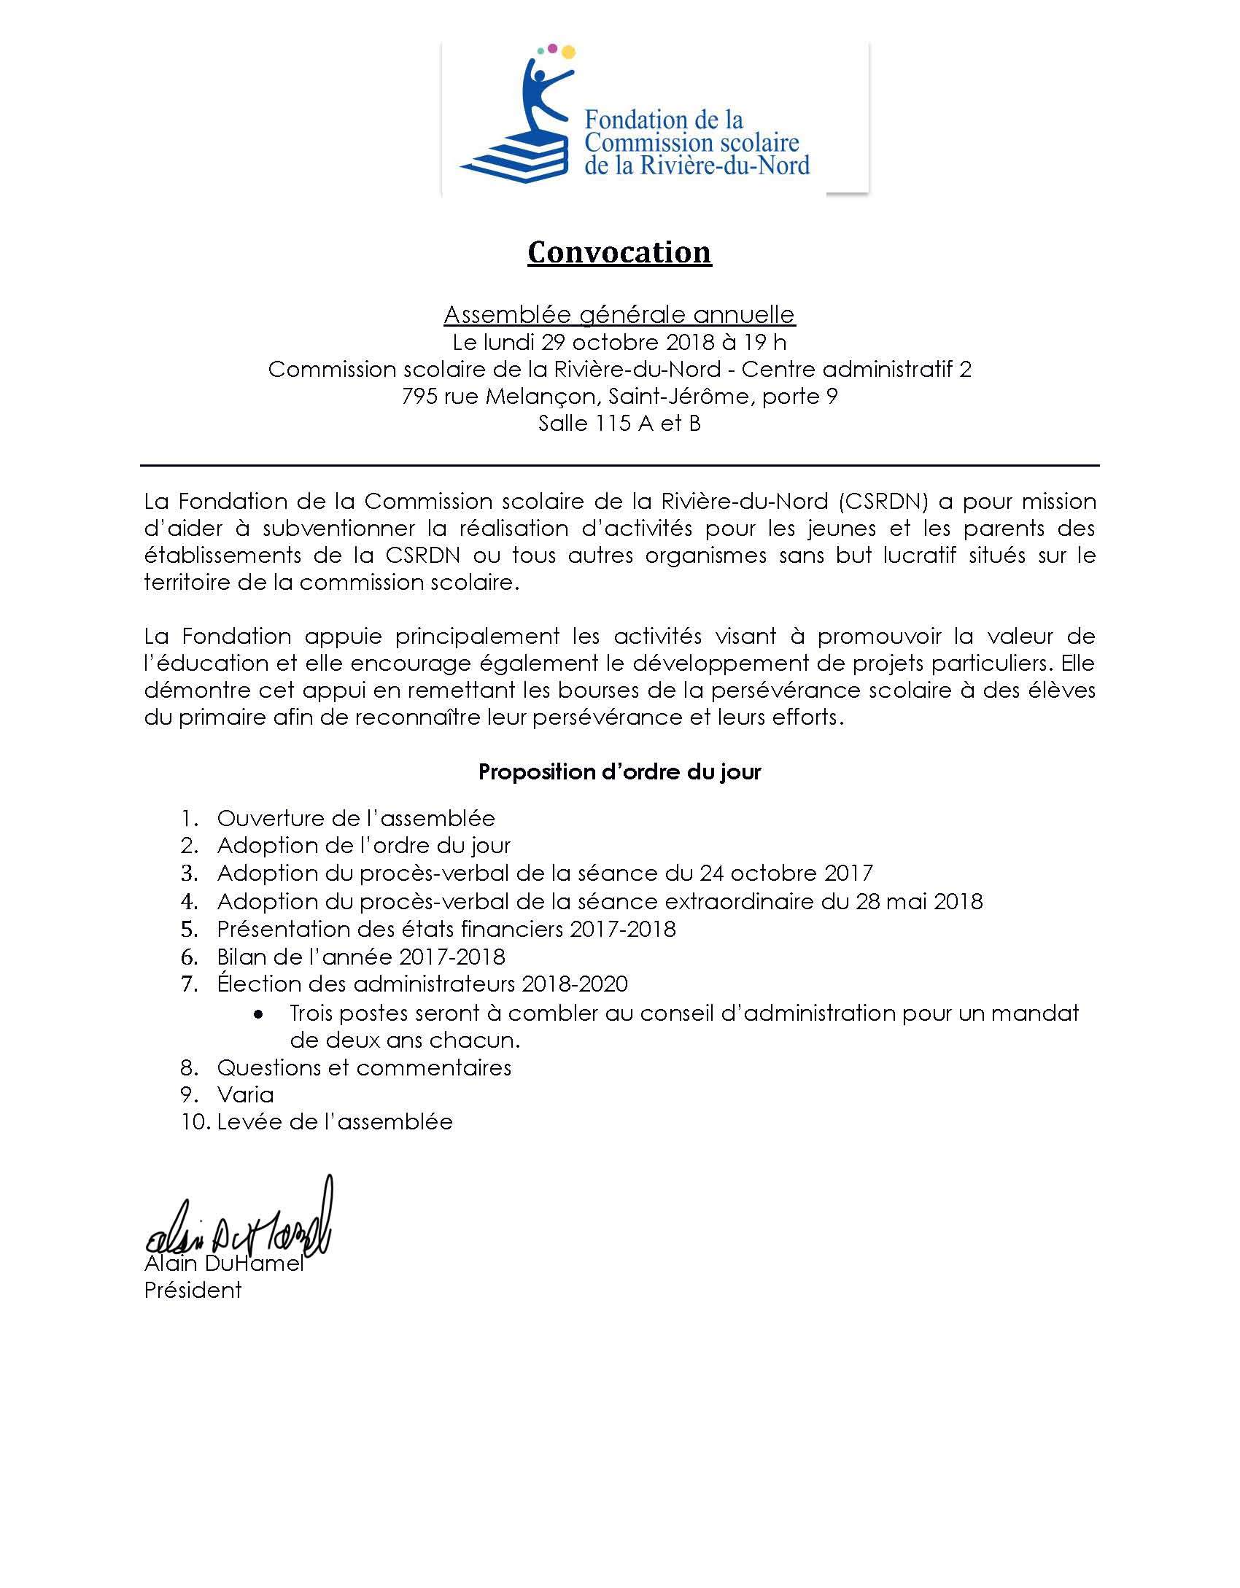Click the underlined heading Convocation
tap(619, 252)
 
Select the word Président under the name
tap(193, 1291)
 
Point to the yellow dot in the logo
tap(567, 52)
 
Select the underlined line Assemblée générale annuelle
tap(619, 314)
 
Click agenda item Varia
tap(245, 1094)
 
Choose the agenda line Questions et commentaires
tap(364, 1067)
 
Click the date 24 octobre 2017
tap(786, 873)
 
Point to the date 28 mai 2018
tap(919, 901)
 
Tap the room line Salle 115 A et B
tap(619, 424)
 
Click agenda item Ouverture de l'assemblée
tap(356, 818)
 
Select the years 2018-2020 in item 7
tap(575, 984)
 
